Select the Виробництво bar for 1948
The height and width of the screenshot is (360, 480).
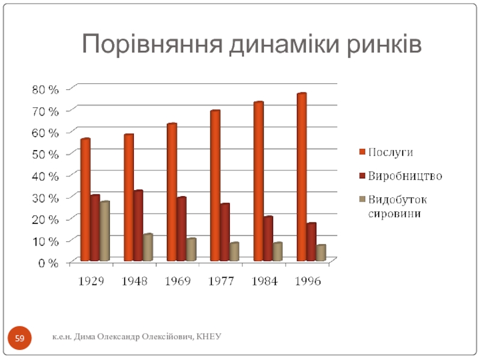point(139,225)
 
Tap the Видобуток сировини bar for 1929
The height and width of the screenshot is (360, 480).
point(104,230)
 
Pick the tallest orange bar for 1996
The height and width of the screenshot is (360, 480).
point(301,176)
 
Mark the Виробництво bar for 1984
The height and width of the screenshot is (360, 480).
point(268,238)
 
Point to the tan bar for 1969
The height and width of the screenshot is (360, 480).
point(191,249)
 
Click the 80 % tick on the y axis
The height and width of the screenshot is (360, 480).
point(46,89)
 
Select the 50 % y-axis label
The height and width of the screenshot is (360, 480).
point(46,154)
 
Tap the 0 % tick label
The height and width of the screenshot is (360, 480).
point(48,262)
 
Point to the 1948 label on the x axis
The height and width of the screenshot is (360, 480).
point(135,281)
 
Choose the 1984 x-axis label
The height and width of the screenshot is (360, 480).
point(265,281)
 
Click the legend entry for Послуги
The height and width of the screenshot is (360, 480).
point(389,152)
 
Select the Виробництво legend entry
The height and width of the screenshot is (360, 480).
point(405,176)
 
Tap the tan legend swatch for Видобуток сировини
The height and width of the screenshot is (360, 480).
point(362,199)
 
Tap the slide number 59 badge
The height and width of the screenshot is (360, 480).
point(20,340)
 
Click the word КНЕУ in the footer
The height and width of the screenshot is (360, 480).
point(209,338)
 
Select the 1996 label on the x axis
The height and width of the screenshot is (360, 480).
point(308,281)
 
